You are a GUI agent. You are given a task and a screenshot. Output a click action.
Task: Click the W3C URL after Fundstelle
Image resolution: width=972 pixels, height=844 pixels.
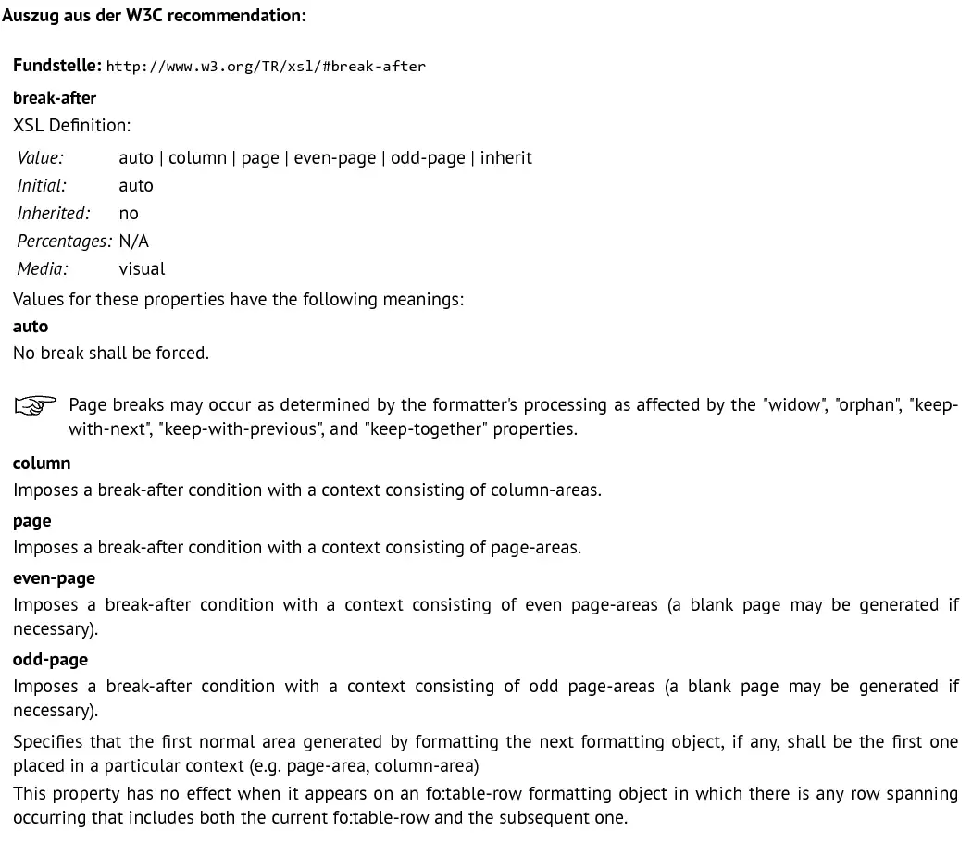(x=266, y=67)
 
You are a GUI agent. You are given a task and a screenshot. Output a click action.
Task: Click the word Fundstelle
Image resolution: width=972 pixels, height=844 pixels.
(x=56, y=66)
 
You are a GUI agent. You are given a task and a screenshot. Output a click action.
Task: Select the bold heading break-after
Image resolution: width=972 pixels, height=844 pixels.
(x=55, y=97)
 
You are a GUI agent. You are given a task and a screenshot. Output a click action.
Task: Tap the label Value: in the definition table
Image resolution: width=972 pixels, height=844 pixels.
(x=40, y=157)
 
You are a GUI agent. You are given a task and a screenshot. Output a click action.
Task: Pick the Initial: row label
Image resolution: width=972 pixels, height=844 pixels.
(x=42, y=185)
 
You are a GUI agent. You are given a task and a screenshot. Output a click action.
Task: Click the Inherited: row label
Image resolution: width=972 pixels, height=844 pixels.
(x=54, y=213)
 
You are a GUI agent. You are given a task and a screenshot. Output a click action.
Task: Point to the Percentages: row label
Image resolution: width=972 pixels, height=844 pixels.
(x=64, y=241)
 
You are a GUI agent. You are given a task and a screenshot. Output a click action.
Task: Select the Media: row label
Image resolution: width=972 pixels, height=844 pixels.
(x=43, y=268)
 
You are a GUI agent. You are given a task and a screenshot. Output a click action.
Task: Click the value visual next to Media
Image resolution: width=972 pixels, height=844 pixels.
(x=143, y=268)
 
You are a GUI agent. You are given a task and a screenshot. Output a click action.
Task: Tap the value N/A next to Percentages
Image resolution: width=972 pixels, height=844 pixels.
(x=134, y=241)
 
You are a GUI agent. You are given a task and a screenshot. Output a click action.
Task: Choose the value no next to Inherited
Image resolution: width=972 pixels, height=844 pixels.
(x=129, y=213)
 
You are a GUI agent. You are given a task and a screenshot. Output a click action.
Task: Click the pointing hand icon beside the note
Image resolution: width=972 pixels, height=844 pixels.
(x=35, y=405)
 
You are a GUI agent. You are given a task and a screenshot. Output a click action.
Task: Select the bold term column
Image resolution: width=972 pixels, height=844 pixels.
(x=42, y=463)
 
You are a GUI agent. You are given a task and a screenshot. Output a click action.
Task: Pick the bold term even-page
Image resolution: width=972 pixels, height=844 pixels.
(x=54, y=577)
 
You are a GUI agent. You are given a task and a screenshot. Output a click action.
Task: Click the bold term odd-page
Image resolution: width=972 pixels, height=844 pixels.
(x=50, y=659)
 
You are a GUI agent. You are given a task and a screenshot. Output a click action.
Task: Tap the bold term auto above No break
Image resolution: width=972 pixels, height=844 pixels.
(x=31, y=326)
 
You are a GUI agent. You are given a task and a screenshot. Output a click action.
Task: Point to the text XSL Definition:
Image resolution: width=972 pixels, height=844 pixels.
(x=72, y=125)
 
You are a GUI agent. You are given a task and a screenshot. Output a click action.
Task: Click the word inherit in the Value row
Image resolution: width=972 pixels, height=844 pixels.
(x=505, y=157)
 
